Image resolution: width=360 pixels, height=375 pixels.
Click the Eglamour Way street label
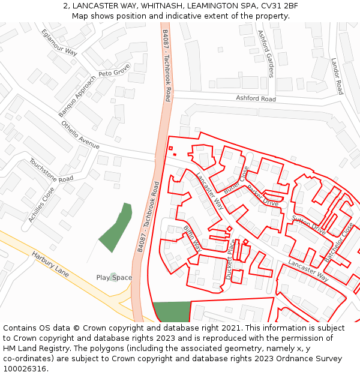pos(59,42)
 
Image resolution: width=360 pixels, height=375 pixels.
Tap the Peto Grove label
pos(114,73)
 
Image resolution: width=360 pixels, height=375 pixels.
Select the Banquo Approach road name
pos(77,97)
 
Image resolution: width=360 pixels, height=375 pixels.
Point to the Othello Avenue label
pos(80,135)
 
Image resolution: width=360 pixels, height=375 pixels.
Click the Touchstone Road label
pos(51,170)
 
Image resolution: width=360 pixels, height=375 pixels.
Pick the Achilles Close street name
pos(41,205)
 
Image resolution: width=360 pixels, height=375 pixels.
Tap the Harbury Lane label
pos(50,263)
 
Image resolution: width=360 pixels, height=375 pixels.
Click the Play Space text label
pos(114,277)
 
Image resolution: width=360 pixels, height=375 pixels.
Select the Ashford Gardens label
pos(265,54)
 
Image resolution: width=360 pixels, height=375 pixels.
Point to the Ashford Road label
pos(256,98)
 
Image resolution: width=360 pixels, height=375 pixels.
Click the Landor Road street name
pos(337,76)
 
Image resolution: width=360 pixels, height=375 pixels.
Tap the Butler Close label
pos(236,180)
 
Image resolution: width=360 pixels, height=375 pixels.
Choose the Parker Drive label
pos(263,196)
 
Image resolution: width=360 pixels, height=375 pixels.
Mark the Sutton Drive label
pos(308,225)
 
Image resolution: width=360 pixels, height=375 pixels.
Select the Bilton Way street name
pos(192,238)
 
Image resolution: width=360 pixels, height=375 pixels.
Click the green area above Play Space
pos(116,228)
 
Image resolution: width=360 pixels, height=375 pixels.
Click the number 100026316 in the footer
pos(26,368)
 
